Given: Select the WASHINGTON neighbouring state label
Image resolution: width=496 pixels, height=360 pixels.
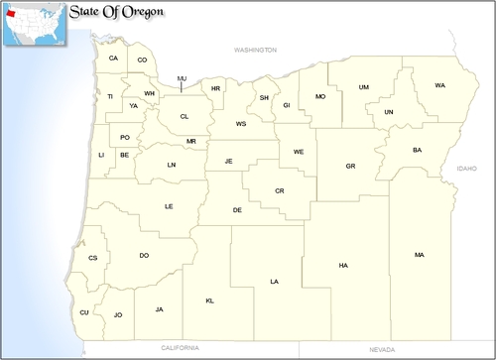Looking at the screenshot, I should (256, 49).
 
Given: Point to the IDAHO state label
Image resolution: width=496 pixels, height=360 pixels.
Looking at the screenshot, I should (466, 170).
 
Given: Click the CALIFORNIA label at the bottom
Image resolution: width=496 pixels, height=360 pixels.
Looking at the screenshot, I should (182, 348).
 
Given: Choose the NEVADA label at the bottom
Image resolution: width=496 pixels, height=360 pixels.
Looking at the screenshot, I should (382, 349).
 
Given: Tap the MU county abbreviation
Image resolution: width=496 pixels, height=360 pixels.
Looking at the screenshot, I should (182, 78).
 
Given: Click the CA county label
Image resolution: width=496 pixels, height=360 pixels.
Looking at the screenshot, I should (113, 59).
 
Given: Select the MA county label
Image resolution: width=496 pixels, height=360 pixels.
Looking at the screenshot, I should (420, 255).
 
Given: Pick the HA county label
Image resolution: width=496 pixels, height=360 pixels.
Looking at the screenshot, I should (343, 265).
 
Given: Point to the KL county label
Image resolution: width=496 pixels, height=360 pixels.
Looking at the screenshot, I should (210, 300).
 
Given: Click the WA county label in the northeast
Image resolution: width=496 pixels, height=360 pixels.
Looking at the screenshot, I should (439, 85).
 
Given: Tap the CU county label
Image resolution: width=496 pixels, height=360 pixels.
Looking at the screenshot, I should (84, 312).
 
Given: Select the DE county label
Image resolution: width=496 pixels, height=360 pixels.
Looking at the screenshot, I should (237, 210).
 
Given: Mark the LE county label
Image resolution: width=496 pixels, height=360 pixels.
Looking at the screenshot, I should (169, 206).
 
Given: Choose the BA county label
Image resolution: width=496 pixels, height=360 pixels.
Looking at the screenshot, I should (417, 150).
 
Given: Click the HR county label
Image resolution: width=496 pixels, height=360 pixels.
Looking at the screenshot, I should (215, 89).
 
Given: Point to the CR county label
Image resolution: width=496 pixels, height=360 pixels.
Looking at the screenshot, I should (280, 190).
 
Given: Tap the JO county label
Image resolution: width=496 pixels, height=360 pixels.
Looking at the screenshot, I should (117, 314).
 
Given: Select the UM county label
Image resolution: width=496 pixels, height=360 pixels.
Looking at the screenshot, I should (364, 87).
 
